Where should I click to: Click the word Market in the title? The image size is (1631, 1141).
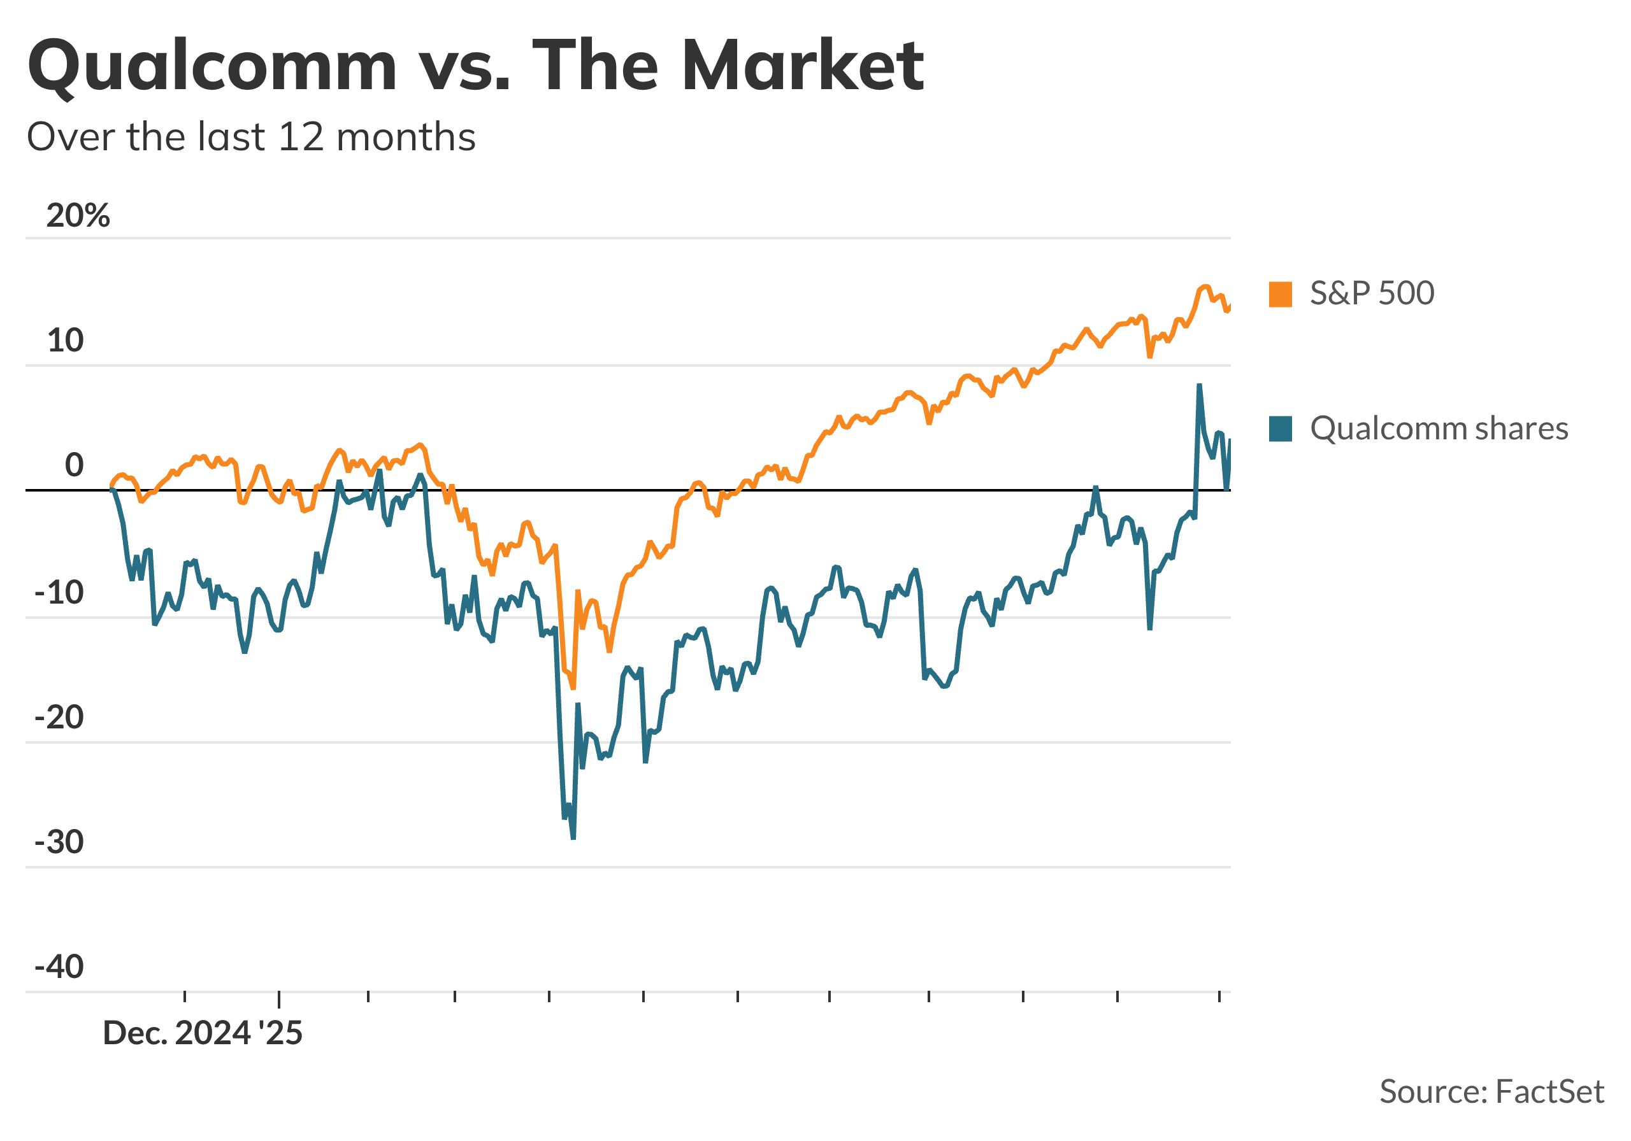802,66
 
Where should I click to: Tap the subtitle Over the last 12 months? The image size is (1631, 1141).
251,137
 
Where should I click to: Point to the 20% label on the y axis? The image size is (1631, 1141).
78,216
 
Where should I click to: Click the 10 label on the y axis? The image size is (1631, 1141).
66,341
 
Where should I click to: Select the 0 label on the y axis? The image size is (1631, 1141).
74,466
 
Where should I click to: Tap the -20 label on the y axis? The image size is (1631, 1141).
59,718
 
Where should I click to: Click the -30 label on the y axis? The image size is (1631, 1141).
59,843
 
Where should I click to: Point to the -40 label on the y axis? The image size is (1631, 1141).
59,967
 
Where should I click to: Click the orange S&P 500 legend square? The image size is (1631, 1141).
1280,294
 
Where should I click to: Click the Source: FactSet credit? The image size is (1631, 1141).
1491,1092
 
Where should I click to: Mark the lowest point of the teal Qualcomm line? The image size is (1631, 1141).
573,839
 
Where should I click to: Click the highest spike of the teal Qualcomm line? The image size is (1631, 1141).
1199,386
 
